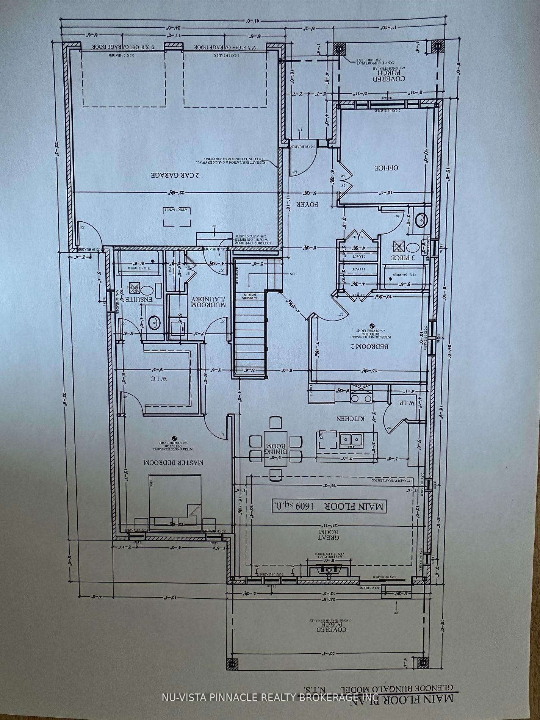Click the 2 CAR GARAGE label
[175, 175]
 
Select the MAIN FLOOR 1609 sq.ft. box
[329, 506]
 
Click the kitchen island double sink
[351, 439]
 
